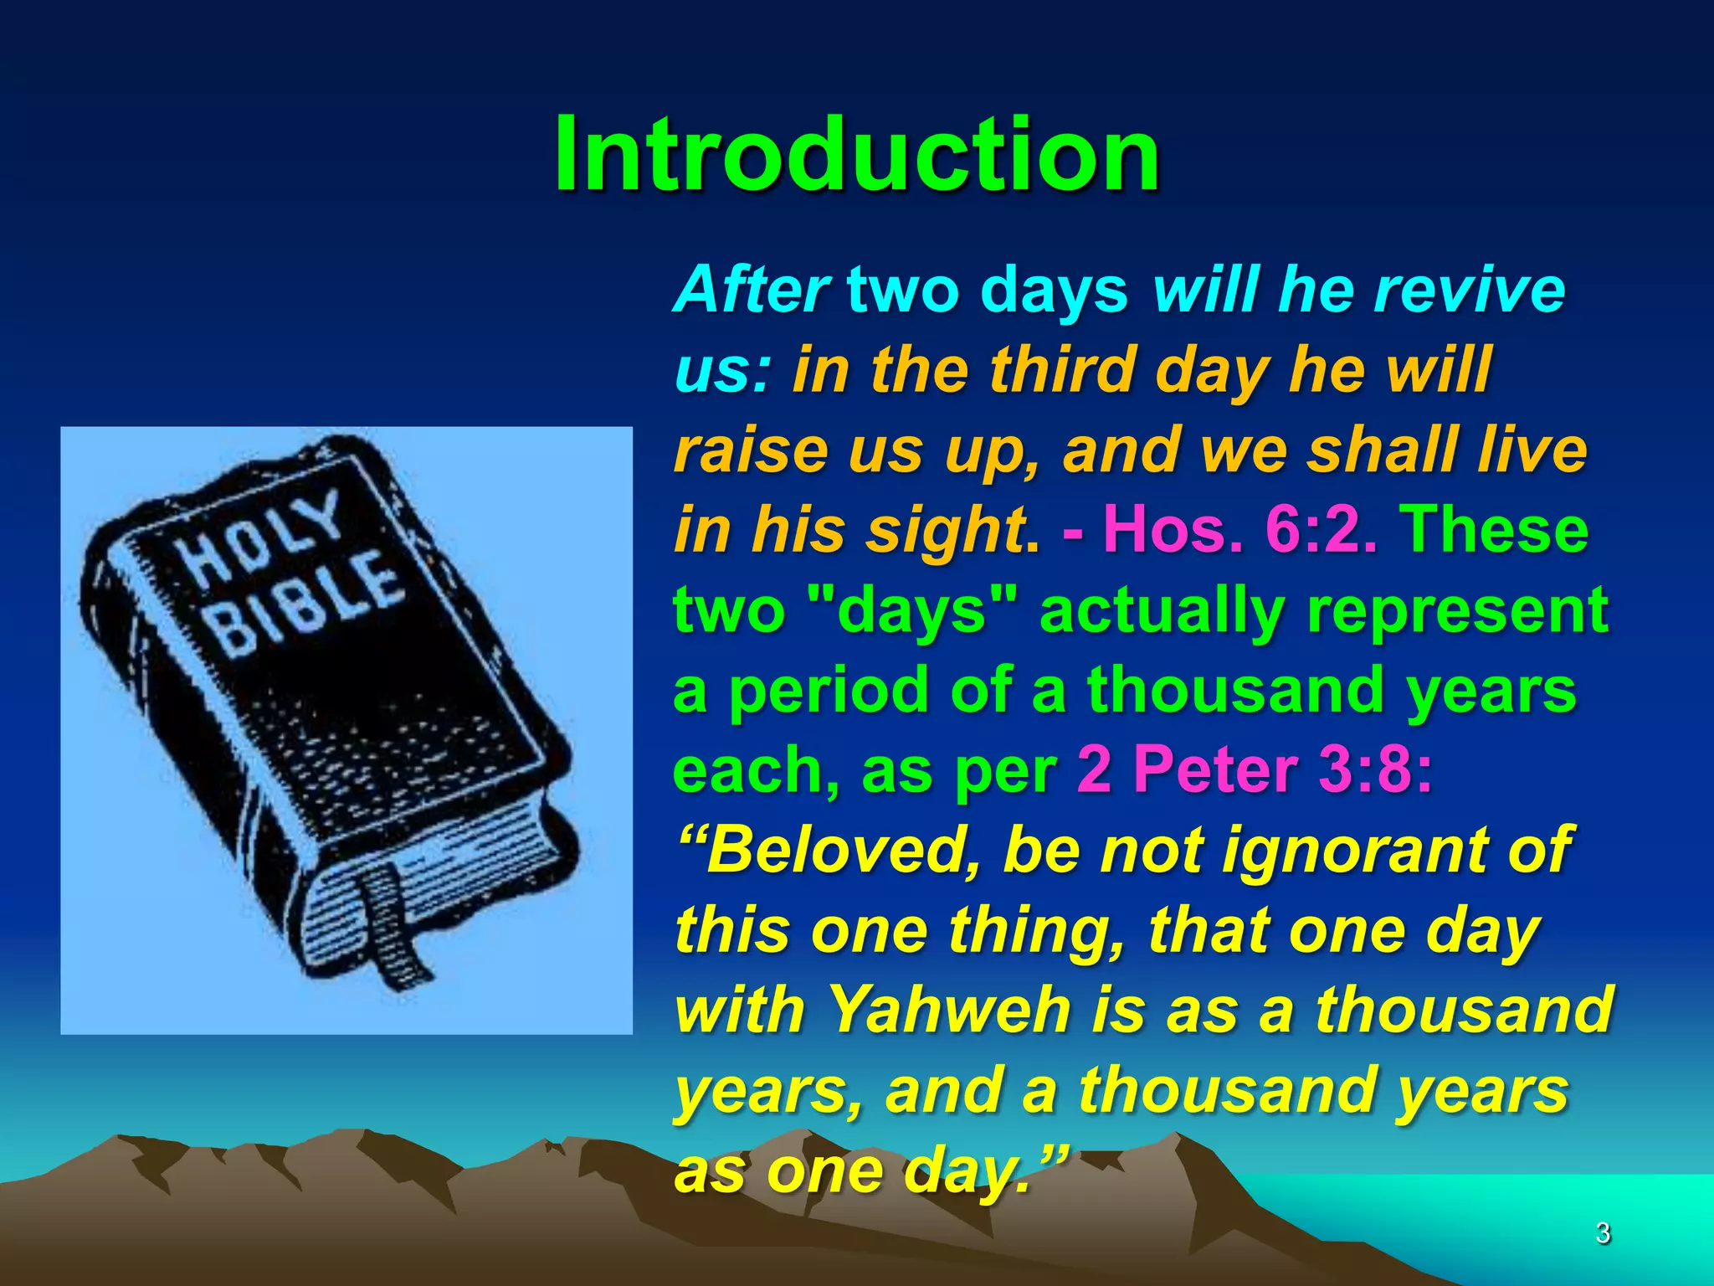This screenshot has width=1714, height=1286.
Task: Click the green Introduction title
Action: click(x=856, y=155)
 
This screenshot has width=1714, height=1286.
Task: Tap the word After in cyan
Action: click(x=752, y=290)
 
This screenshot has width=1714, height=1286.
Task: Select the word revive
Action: click(x=1470, y=290)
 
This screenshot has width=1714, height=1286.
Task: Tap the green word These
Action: click(x=1495, y=530)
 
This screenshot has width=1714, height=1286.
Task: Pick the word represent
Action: click(x=1456, y=610)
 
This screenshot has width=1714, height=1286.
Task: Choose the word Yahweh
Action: click(x=950, y=1010)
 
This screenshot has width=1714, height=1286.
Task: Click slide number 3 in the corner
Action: click(x=1602, y=1233)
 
